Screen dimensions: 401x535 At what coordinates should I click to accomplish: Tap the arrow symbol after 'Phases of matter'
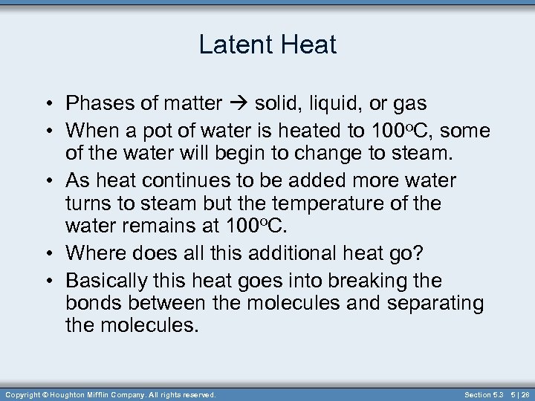click(239, 103)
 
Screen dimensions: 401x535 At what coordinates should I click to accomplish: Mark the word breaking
click(370, 281)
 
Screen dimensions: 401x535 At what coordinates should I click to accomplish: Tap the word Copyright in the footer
click(21, 394)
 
